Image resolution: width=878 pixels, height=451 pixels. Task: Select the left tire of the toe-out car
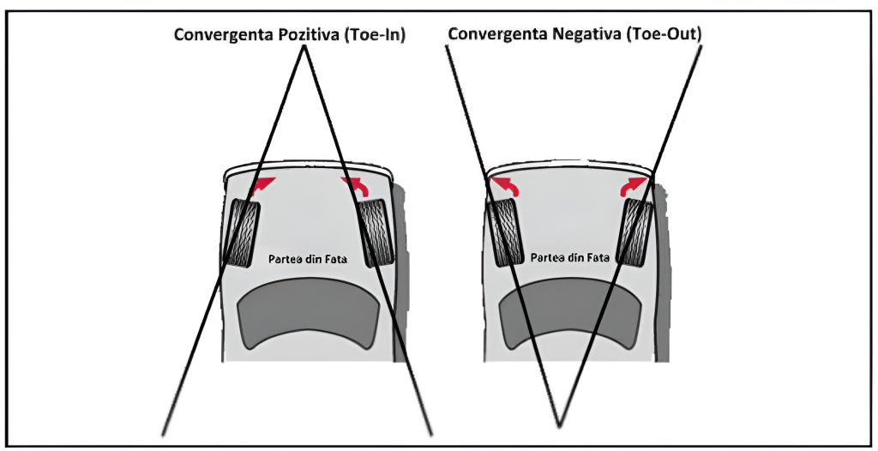point(504,232)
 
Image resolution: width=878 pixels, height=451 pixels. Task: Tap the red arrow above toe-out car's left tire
point(506,184)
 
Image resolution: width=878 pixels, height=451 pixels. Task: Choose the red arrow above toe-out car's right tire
point(634,184)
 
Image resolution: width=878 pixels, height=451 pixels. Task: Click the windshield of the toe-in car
point(306,317)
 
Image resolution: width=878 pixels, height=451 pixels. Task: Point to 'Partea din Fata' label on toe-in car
point(306,258)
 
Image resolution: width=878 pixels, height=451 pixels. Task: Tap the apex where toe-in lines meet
point(303,50)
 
